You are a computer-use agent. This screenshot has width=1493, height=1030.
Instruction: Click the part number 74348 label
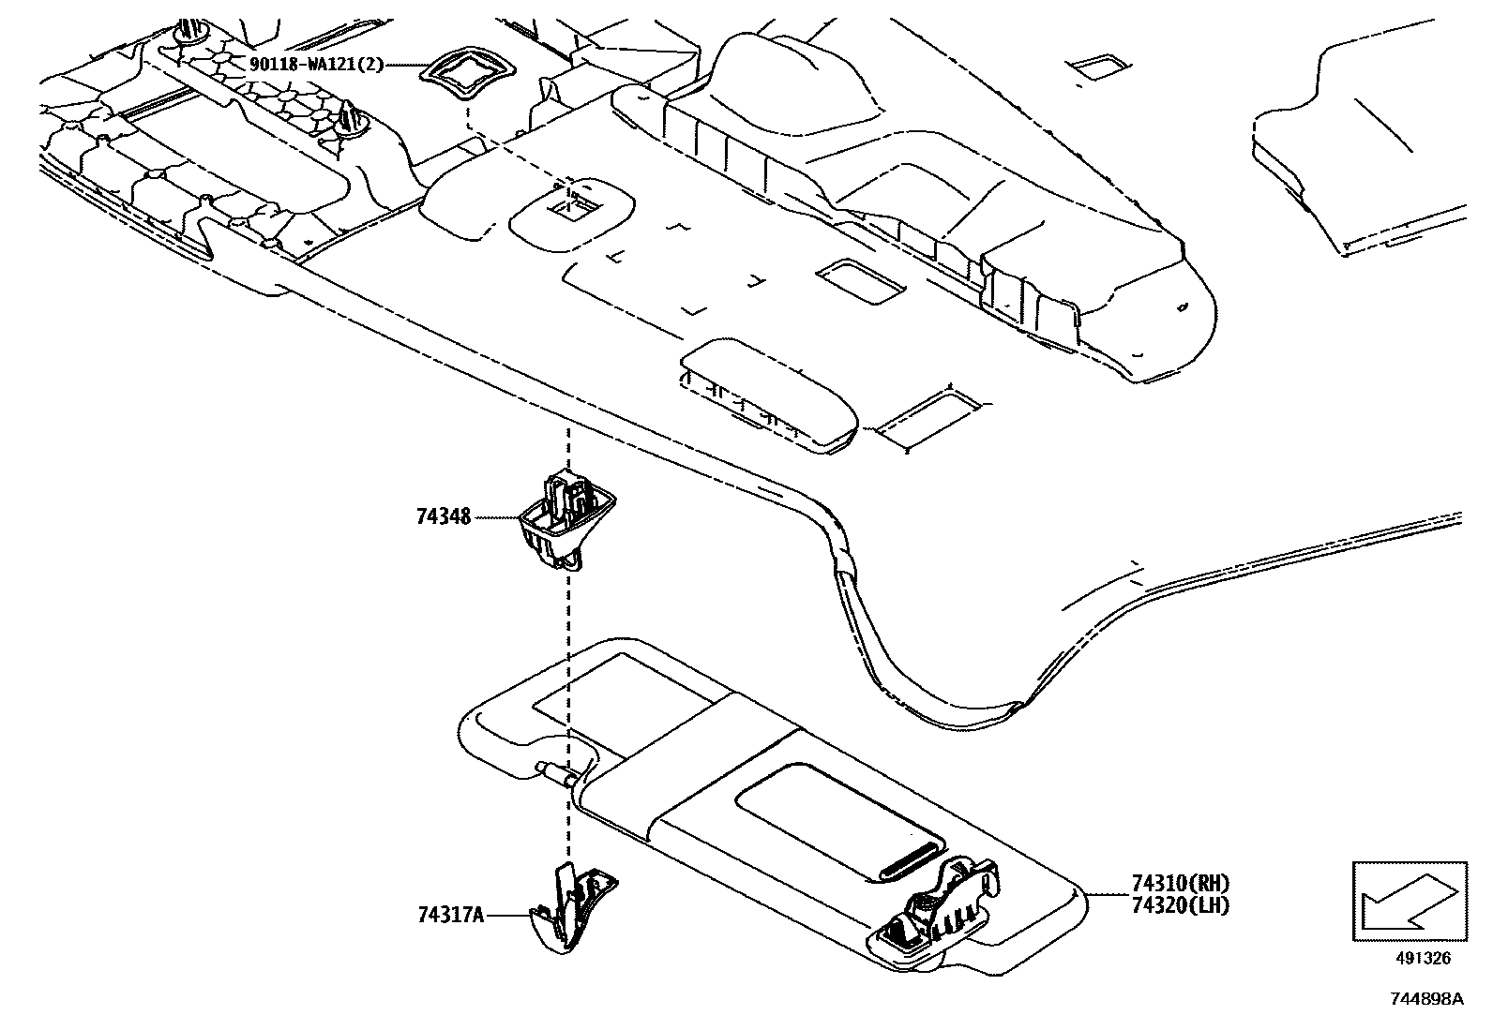[444, 516]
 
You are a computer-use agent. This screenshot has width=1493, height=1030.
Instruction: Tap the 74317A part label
[450, 916]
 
